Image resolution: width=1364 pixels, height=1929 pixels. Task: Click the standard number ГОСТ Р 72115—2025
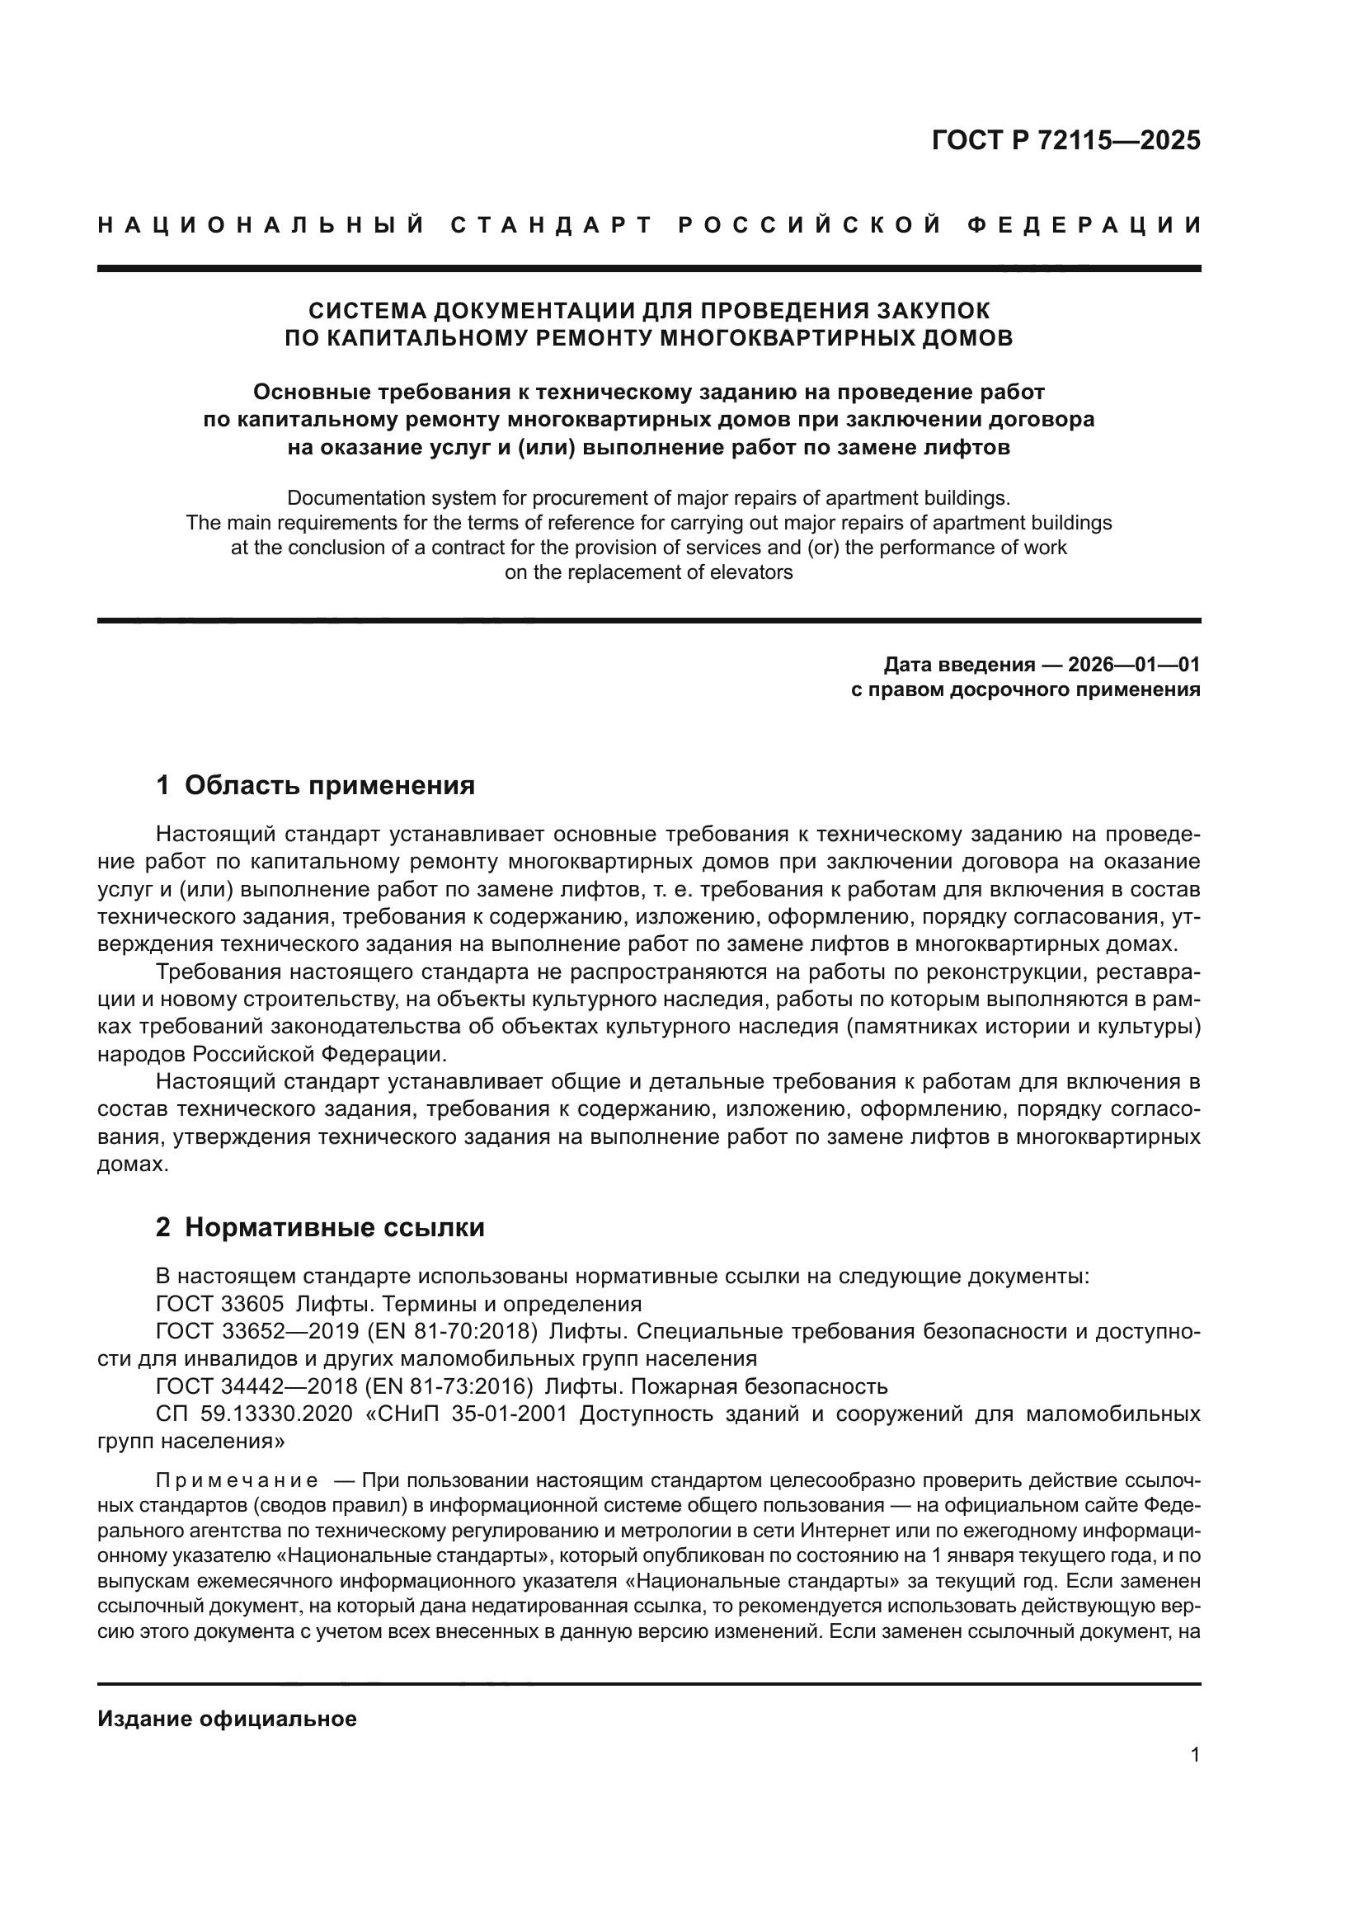tap(1065, 140)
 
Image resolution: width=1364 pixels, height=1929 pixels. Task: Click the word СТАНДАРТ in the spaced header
tap(552, 225)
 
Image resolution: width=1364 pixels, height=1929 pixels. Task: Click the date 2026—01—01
tap(1133, 666)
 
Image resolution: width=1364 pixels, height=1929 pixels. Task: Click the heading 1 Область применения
tap(315, 786)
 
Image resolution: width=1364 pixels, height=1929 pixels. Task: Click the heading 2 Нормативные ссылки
tap(320, 1227)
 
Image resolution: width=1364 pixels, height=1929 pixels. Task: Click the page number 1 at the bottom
tap(1194, 1771)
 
